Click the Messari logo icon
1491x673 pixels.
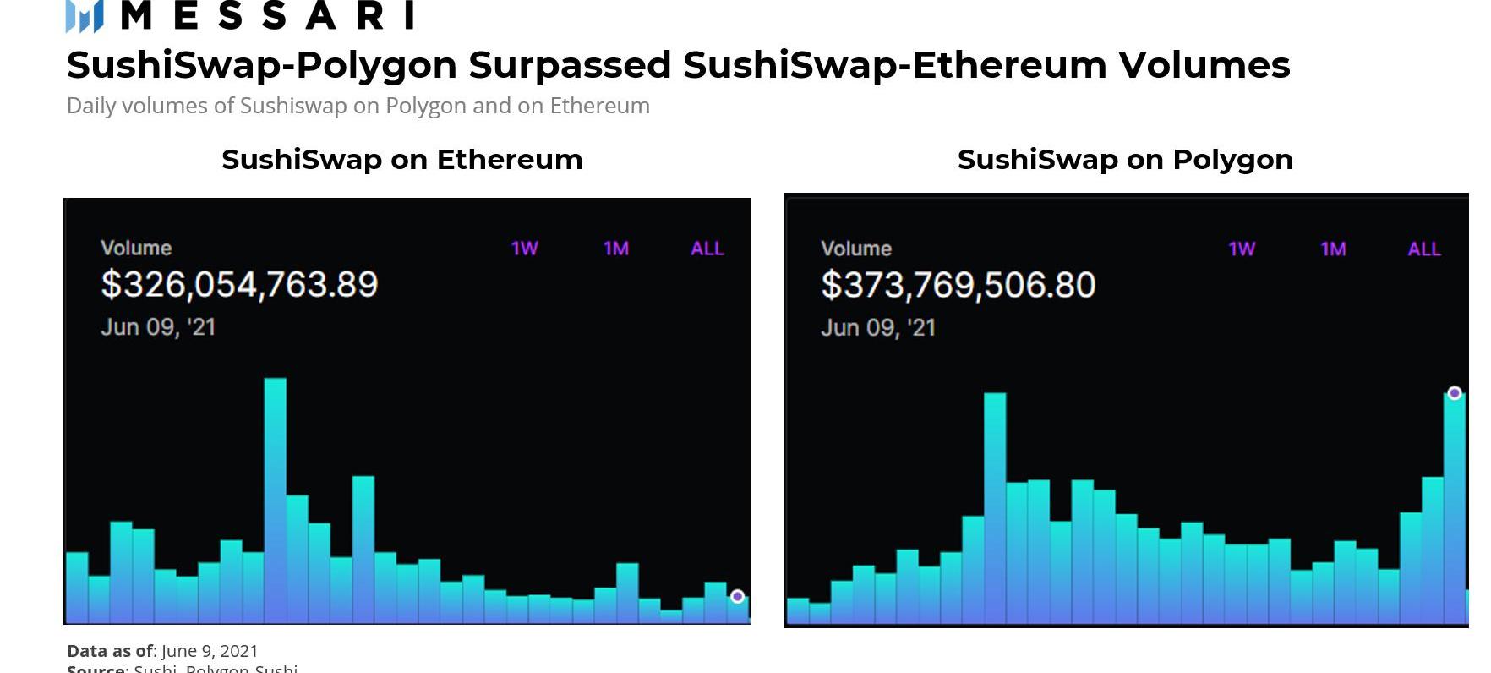[x=85, y=15]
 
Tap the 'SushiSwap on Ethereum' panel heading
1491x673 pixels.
[x=401, y=159]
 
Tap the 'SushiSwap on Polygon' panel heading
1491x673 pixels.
[x=1124, y=159]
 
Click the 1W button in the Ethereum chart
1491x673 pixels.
[x=524, y=249]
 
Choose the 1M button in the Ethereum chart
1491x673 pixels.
[x=615, y=249]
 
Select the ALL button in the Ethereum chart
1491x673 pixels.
[x=707, y=249]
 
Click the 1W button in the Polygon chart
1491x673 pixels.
[x=1241, y=249]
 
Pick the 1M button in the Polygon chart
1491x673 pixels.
[x=1332, y=249]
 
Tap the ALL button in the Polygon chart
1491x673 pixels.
[x=1423, y=249]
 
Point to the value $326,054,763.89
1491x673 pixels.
[x=239, y=284]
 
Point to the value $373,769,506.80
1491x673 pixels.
[x=958, y=285]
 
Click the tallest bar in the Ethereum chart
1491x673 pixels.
[x=275, y=499]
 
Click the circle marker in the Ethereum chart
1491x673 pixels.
[x=737, y=596]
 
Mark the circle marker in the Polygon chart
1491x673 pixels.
[x=1454, y=393]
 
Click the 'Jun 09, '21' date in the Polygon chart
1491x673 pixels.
[x=877, y=328]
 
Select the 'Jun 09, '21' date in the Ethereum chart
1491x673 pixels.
[x=158, y=327]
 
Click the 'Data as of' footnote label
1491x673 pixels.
[x=110, y=651]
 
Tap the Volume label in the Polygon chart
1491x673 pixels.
[x=855, y=249]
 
